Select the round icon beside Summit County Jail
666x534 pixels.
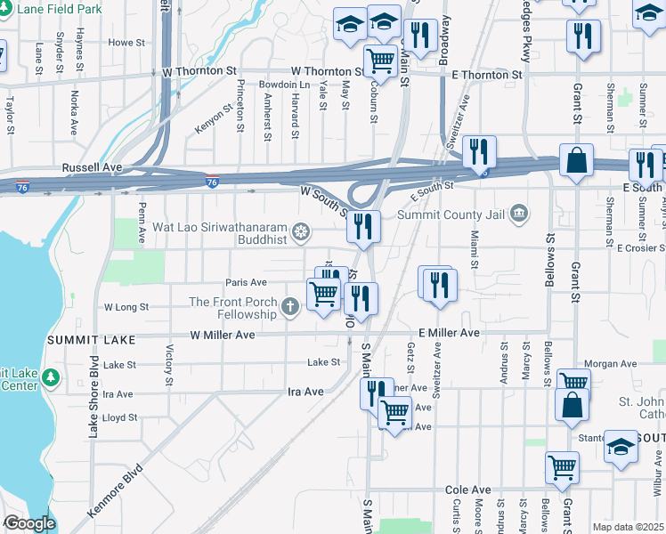pos(519,214)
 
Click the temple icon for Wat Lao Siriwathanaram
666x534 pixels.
pos(302,233)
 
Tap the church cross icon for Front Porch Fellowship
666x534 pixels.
pos(289,308)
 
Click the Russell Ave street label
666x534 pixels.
pos(91,166)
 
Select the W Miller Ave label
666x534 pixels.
pos(223,335)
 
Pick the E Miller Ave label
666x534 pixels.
pos(449,333)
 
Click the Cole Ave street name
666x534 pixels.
pos(468,490)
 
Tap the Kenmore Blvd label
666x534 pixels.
pos(116,491)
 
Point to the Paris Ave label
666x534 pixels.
pos(246,282)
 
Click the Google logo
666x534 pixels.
pos(28,523)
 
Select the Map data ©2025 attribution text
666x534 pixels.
pos(628,527)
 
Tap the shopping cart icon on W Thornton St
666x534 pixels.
pos(381,60)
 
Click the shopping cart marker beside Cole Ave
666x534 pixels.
pos(562,465)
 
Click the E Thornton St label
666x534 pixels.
pos(486,76)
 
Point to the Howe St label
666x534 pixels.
pos(126,42)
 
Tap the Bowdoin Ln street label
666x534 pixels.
pos(283,85)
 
